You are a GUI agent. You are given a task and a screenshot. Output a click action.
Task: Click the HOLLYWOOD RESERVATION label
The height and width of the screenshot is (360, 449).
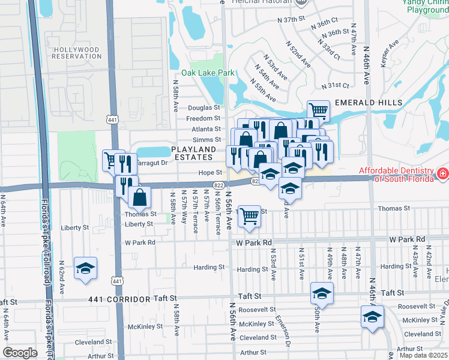[x=76, y=52]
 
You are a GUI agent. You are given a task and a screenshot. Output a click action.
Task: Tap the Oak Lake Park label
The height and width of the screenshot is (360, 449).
[x=212, y=73]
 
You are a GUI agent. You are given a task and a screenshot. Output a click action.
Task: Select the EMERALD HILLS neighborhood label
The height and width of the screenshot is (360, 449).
[x=368, y=103]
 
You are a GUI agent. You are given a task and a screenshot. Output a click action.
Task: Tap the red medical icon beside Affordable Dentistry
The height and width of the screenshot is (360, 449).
[x=442, y=174]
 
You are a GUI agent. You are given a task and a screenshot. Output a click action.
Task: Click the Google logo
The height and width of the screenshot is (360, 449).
[x=20, y=353]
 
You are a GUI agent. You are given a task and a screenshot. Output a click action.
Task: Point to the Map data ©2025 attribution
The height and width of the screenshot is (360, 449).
[x=423, y=355]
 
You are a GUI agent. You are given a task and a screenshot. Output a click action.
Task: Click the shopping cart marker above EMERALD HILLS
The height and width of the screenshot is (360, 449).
[x=318, y=110]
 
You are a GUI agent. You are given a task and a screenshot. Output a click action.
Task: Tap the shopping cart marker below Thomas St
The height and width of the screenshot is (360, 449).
[x=249, y=217]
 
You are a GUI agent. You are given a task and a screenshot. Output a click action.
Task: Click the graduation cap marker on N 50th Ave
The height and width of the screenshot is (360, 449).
[x=322, y=294]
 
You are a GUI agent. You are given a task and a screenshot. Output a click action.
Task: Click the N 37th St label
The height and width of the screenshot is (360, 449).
[x=292, y=20]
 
